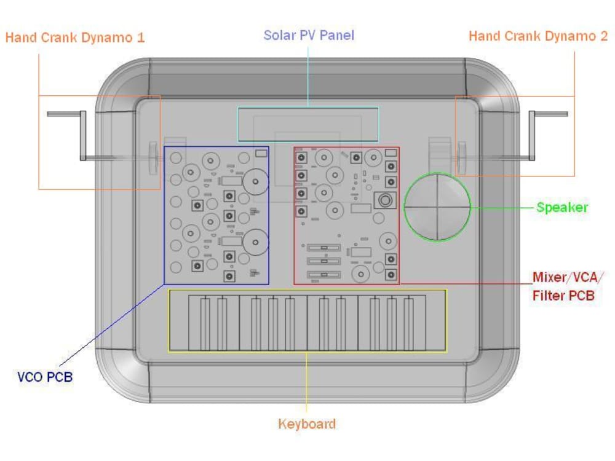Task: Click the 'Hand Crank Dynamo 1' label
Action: pos(75,37)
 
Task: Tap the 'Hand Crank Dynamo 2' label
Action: pos(538,36)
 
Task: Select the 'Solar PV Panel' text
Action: pos(309,35)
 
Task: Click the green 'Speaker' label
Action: pos(561,208)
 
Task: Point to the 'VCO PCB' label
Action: pos(45,377)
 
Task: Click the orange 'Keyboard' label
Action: pos(307,424)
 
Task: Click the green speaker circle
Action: pos(437,207)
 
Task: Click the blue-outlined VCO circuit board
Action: pos(216,215)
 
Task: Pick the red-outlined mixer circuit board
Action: pos(346,215)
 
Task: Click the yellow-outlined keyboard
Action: pos(307,321)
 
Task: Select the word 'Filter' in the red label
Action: pos(548,296)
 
